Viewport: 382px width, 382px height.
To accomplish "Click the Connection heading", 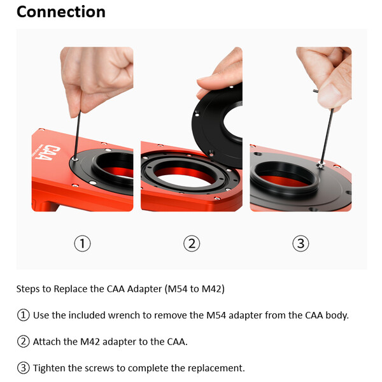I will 60,12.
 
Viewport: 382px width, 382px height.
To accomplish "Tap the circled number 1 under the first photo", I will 83,243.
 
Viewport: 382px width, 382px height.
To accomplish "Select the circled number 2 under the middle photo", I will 192,243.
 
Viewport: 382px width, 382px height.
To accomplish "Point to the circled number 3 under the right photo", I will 301,243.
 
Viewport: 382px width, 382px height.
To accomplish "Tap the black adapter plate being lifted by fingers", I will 220,121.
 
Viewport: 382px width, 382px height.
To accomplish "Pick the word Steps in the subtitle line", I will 29,288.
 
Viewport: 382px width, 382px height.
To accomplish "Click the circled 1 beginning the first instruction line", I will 23,315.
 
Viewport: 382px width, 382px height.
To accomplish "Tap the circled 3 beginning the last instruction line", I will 23,368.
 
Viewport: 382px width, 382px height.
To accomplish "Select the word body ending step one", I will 335,315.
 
